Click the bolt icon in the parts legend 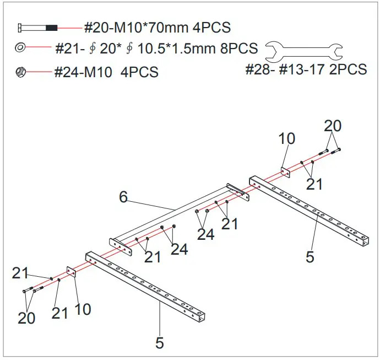[x=37, y=27]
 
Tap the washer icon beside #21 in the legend [x=20, y=49]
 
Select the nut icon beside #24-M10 [x=20, y=71]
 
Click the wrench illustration [x=305, y=52]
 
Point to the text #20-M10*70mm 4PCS [x=157, y=27]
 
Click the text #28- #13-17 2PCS [x=306, y=69]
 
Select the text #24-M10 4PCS [x=106, y=72]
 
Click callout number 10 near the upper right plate [x=287, y=139]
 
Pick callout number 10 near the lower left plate [x=83, y=309]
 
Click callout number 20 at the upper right [x=333, y=126]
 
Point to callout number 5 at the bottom [x=160, y=343]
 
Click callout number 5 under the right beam [x=310, y=257]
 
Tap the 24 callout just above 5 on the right [x=206, y=234]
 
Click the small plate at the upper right [x=285, y=173]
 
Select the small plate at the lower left [x=71, y=273]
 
